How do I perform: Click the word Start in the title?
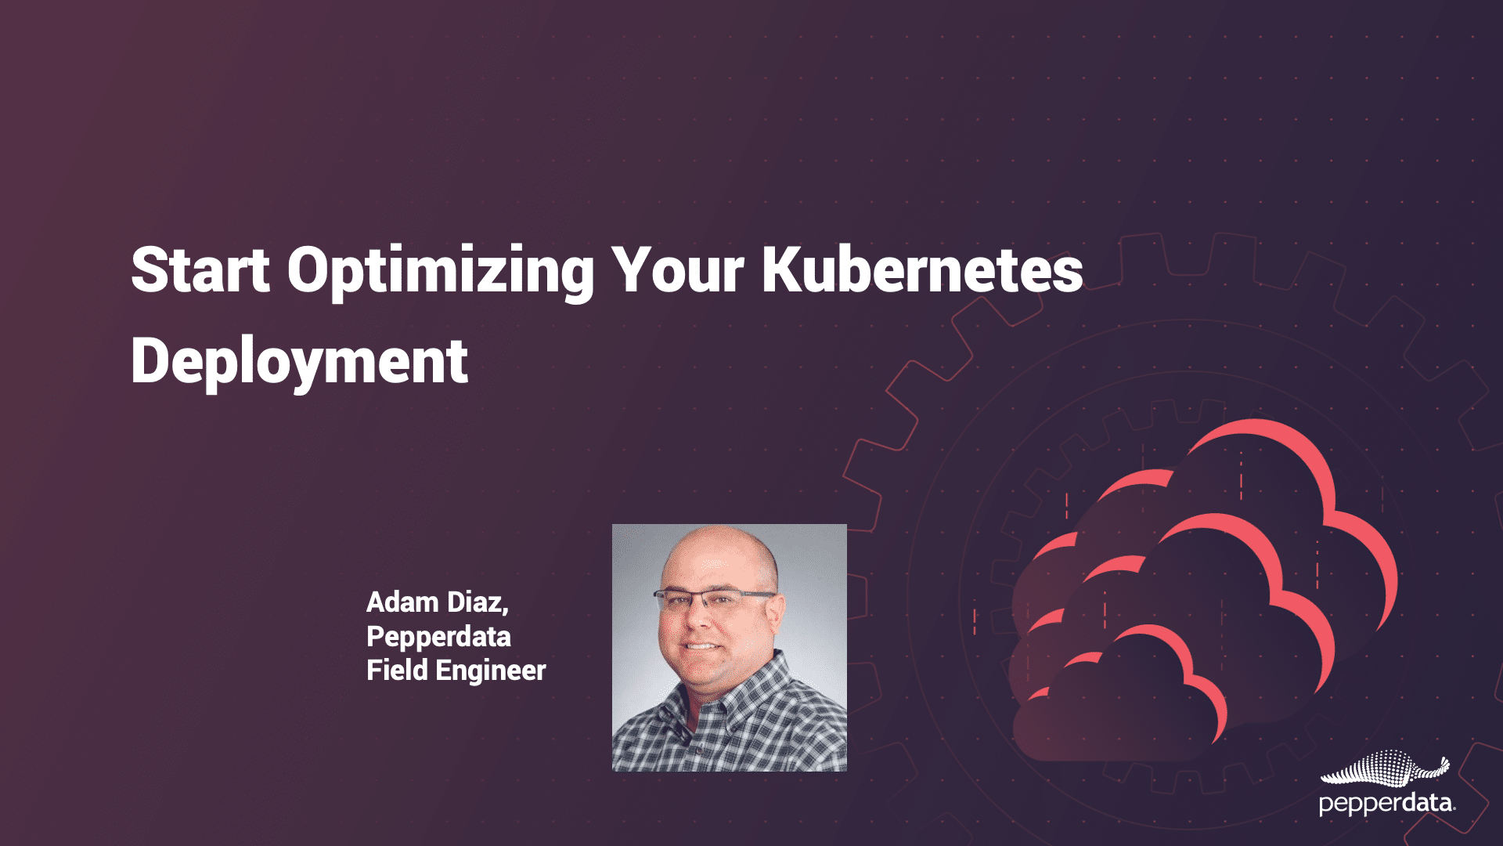click(x=200, y=270)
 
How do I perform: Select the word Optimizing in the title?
click(x=441, y=272)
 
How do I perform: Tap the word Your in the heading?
click(x=677, y=270)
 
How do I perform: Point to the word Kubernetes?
click(x=923, y=270)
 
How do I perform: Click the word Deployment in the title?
click(x=299, y=362)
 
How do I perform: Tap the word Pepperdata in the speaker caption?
click(x=438, y=637)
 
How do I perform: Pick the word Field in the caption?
click(x=397, y=671)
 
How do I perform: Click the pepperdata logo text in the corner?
click(x=1386, y=804)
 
